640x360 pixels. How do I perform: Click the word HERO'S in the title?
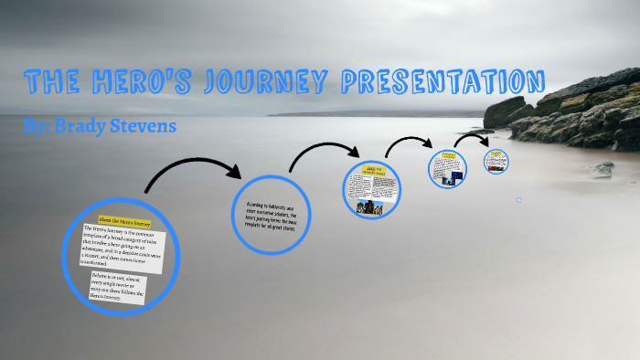(132, 83)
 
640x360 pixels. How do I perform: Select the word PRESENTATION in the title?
(443, 82)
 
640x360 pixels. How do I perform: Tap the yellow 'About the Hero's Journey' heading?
(125, 222)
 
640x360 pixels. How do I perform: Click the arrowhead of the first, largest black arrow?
(234, 171)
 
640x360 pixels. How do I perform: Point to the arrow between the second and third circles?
(325, 155)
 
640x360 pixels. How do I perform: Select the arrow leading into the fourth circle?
(409, 143)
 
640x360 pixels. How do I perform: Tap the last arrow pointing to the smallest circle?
(474, 139)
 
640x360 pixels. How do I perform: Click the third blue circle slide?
(372, 190)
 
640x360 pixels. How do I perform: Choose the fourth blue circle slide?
(448, 169)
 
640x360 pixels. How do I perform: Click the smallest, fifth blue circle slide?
(496, 162)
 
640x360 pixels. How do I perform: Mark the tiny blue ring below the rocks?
(517, 199)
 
